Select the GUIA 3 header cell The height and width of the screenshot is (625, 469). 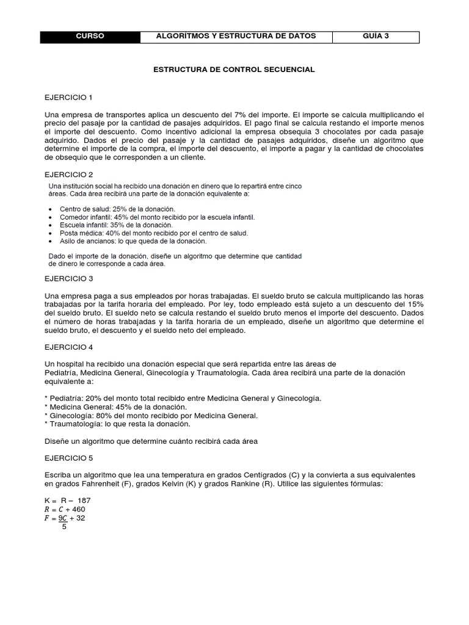[x=376, y=37]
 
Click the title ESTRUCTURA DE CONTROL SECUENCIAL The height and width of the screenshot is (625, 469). [x=234, y=70]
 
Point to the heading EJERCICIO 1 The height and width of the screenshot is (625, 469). [x=68, y=98]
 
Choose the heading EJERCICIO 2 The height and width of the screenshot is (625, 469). [x=68, y=174]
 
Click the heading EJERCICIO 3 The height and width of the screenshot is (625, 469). [x=68, y=279]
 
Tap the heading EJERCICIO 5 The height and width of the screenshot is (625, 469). [x=68, y=457]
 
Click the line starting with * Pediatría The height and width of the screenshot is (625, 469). [x=183, y=399]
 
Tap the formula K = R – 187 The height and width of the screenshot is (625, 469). [x=68, y=500]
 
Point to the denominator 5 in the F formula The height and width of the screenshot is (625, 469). [x=64, y=527]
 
